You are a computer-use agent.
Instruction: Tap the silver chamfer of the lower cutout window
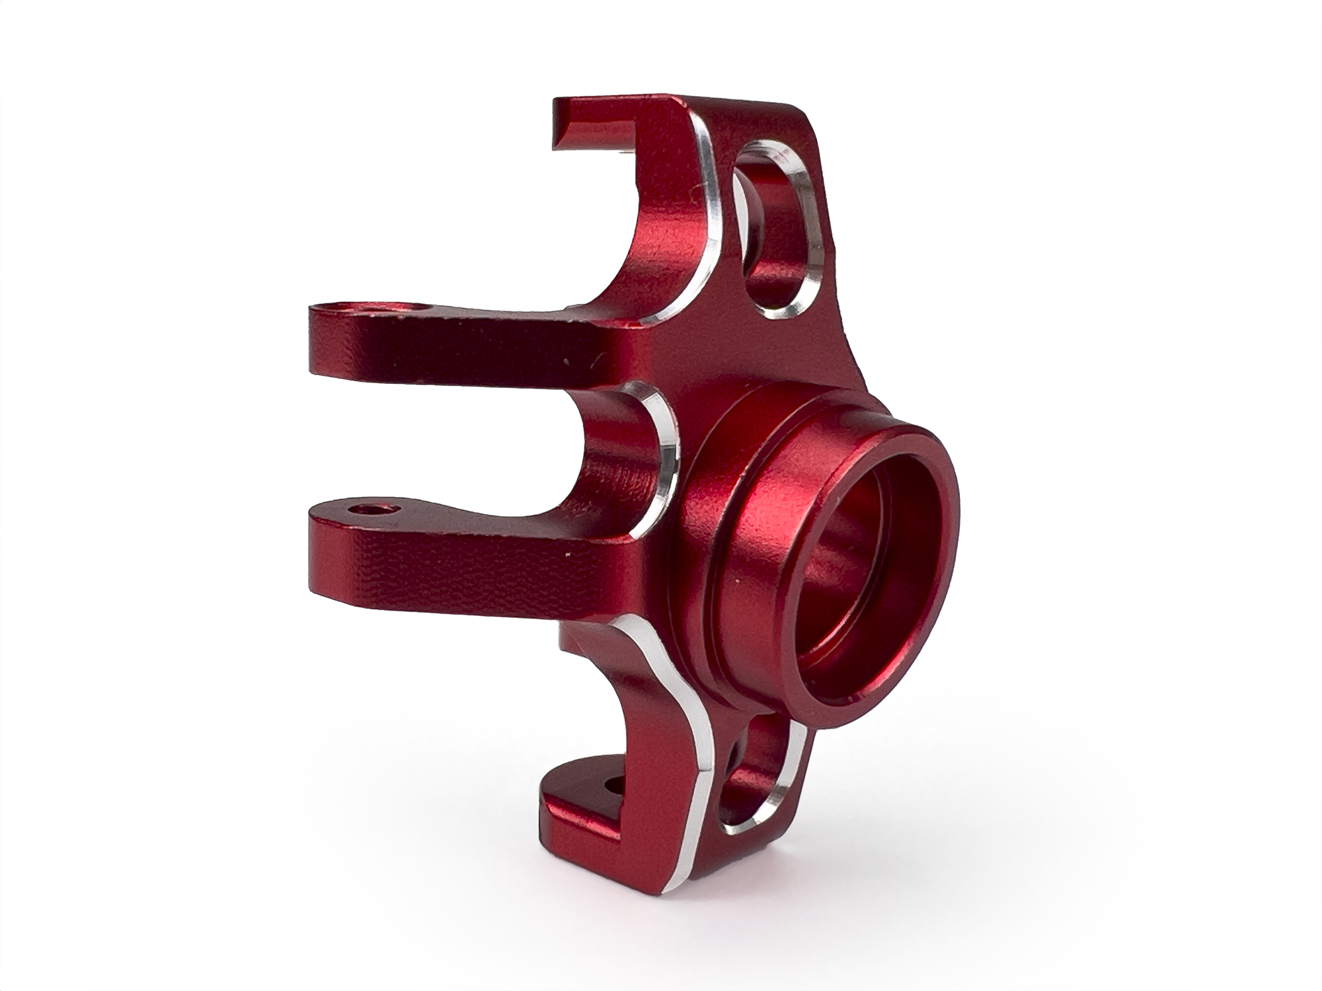793,780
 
